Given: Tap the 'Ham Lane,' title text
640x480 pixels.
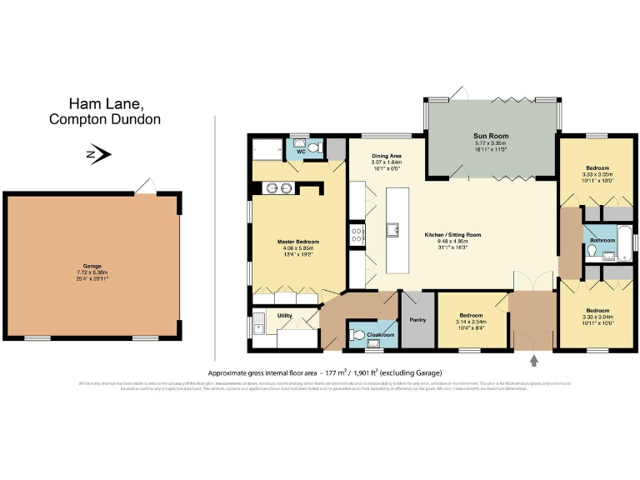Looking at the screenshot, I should [x=106, y=104].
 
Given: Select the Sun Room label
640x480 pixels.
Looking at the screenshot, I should [x=491, y=136].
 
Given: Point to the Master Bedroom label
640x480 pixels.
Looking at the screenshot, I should [x=297, y=242].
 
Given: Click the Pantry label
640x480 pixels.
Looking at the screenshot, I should [x=417, y=319].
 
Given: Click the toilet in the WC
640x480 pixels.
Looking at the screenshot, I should [x=314, y=148].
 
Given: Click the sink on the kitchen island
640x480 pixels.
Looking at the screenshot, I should [x=392, y=227].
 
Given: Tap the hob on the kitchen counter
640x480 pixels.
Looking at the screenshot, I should [x=357, y=234].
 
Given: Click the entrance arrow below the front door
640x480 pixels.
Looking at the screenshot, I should [x=534, y=361].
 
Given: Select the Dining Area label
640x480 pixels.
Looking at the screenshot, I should [x=387, y=156].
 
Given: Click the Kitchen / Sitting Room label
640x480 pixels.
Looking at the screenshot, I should [x=452, y=235].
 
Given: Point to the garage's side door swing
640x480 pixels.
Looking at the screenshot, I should [x=145, y=186].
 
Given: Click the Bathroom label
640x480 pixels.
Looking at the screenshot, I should [x=602, y=240].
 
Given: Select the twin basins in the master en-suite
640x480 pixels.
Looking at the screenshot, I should [x=280, y=187].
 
